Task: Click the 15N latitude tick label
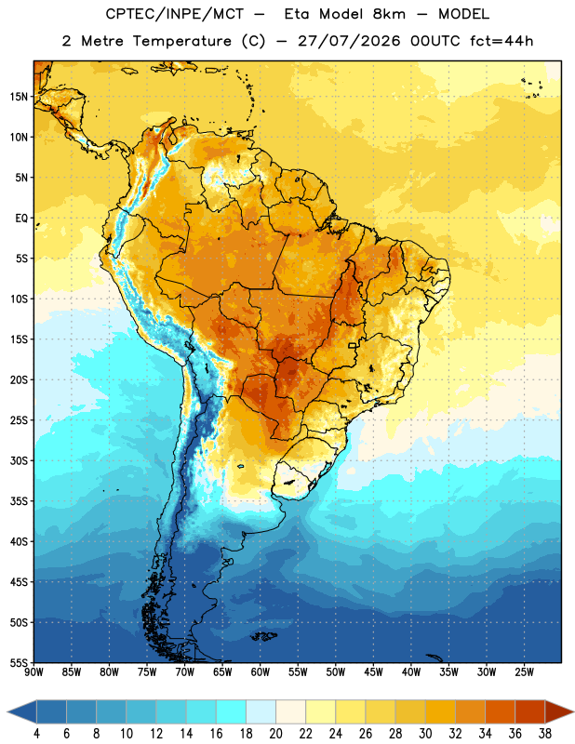coord(19,97)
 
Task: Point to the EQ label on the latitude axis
coord(21,219)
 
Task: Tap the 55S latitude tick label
coord(19,662)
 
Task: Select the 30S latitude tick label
coord(19,460)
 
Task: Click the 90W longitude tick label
coord(33,671)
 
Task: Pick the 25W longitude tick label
coord(524,671)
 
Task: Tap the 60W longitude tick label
coord(261,671)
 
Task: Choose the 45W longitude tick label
coord(374,671)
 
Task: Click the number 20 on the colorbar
coord(275,734)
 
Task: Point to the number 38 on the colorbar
coord(545,734)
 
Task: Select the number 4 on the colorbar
coord(36,734)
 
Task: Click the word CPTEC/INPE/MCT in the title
coord(175,14)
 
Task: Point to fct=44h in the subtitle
coord(501,41)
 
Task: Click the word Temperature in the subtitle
coord(181,41)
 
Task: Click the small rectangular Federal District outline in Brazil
coord(353,345)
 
